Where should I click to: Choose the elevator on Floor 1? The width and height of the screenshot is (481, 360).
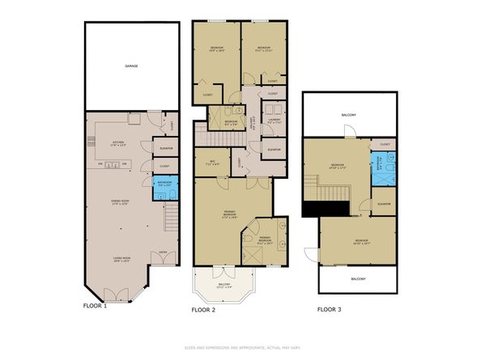pos(164,148)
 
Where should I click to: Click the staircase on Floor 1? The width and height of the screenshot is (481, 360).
pos(171,218)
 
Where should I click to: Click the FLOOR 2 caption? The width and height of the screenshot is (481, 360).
pos(202,309)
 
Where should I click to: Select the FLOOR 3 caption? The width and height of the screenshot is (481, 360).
pos(328,309)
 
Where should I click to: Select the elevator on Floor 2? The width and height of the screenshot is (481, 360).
pos(273,149)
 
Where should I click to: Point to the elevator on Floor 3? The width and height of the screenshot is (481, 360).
pos(384,203)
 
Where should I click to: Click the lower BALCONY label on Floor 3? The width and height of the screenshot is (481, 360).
pos(358,279)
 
